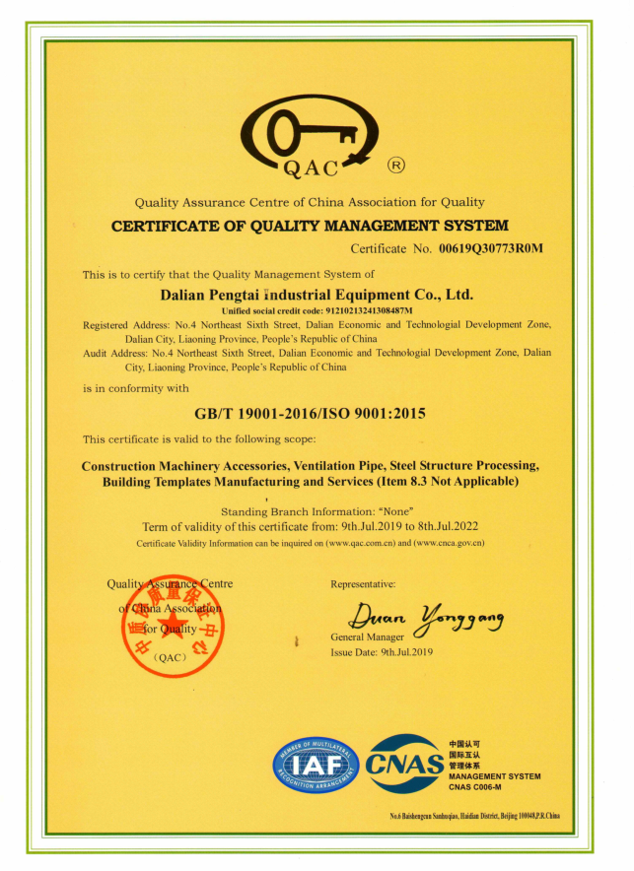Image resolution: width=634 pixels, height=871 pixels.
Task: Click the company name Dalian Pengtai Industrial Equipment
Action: pyautogui.click(x=317, y=295)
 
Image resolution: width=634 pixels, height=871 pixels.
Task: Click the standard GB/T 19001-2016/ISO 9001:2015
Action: pyautogui.click(x=317, y=414)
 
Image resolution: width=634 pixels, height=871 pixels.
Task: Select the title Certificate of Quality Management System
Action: pyautogui.click(x=310, y=226)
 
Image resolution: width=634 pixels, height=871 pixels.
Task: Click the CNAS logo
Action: pyautogui.click(x=404, y=765)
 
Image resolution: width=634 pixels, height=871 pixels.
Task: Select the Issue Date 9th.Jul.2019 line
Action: pyautogui.click(x=383, y=652)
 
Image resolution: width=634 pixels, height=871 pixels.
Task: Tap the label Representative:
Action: pyautogui.click(x=364, y=585)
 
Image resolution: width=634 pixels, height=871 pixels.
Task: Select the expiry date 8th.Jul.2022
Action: pyautogui.click(x=444, y=527)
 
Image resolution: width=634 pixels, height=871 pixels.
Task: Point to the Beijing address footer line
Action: pyautogui.click(x=474, y=816)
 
